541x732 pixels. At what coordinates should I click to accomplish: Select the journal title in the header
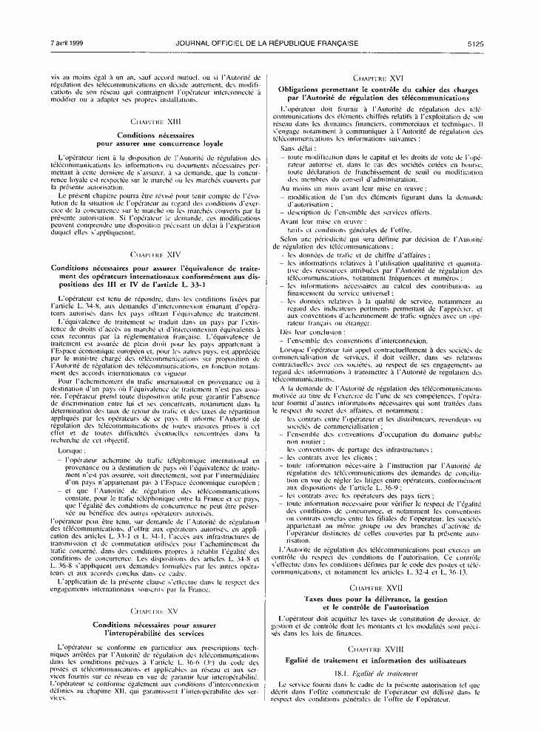coord(268,44)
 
